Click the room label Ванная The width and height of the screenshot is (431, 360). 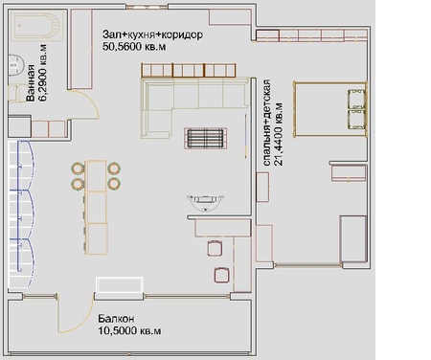click(x=31, y=82)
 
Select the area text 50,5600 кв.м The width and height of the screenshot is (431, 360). click(x=134, y=47)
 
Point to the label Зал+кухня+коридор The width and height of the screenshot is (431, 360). click(x=152, y=34)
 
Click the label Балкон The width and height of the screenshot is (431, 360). click(x=116, y=319)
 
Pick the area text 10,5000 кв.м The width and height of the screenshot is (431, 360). click(x=129, y=330)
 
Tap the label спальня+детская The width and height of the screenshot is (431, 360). click(x=266, y=123)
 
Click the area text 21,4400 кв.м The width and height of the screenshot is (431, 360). click(x=279, y=133)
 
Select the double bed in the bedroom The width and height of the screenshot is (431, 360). click(x=330, y=109)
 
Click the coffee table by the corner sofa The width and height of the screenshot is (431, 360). click(x=205, y=138)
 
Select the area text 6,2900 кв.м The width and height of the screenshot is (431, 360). click(x=42, y=73)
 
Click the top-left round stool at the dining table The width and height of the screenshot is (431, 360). click(x=78, y=169)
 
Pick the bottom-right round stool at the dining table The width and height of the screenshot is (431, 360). click(x=114, y=184)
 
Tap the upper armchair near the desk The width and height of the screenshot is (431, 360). click(x=215, y=248)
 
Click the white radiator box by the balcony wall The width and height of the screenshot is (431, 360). click(x=120, y=285)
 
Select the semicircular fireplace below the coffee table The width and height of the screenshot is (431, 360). click(x=206, y=203)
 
